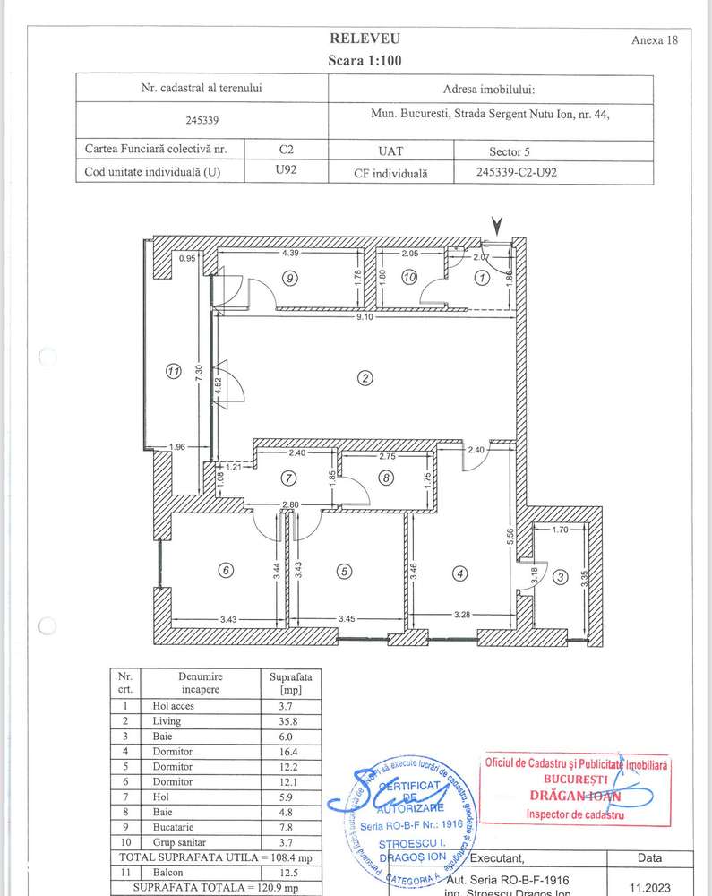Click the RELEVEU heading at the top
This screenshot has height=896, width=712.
[365, 39]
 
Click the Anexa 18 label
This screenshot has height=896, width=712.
[655, 40]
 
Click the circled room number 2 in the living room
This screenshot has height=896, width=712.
[365, 378]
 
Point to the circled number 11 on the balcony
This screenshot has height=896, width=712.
[174, 370]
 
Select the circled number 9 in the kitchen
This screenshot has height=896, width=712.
[288, 279]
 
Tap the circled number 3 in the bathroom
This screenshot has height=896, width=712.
[560, 578]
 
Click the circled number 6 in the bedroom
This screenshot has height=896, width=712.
[226, 571]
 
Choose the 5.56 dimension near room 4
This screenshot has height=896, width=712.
[509, 534]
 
